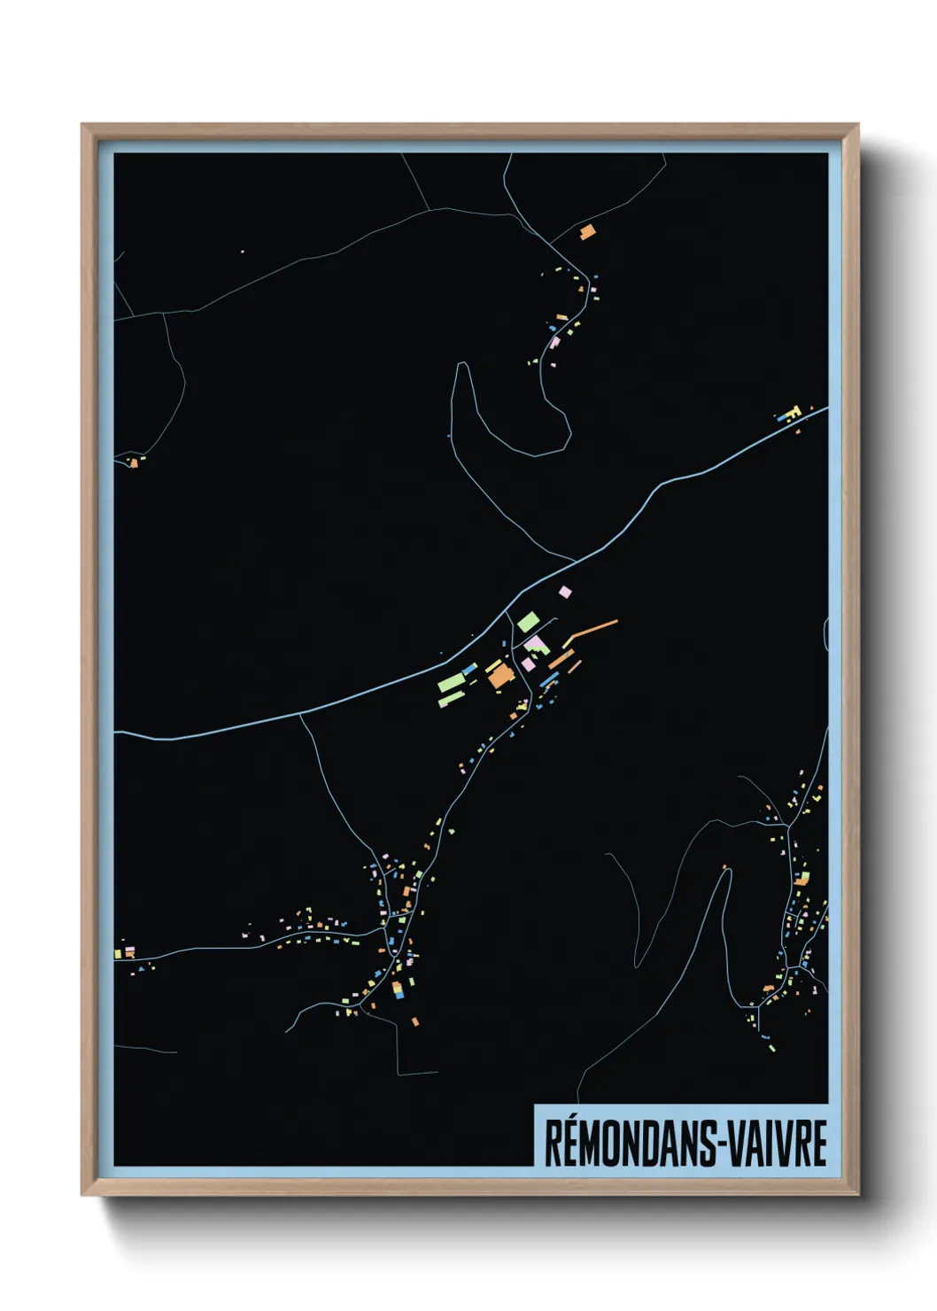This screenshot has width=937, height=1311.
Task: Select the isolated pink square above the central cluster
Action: pyautogui.click(x=565, y=592)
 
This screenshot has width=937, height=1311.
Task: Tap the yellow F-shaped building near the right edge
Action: pyautogui.click(x=791, y=412)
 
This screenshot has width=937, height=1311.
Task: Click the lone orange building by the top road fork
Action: pyautogui.click(x=586, y=232)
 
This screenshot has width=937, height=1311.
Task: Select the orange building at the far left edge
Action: pyautogui.click(x=133, y=462)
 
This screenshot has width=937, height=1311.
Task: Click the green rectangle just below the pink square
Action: pyautogui.click(x=528, y=621)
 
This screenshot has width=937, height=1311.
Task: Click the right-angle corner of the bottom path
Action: pyautogui.click(x=397, y=1074)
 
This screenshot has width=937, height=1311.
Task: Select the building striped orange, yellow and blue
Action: pyautogui.click(x=399, y=989)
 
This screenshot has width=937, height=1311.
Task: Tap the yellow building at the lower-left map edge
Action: pyautogui.click(x=118, y=954)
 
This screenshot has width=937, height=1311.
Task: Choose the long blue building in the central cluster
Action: pyautogui.click(x=549, y=679)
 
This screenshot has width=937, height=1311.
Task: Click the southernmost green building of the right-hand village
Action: pyautogui.click(x=771, y=1047)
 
